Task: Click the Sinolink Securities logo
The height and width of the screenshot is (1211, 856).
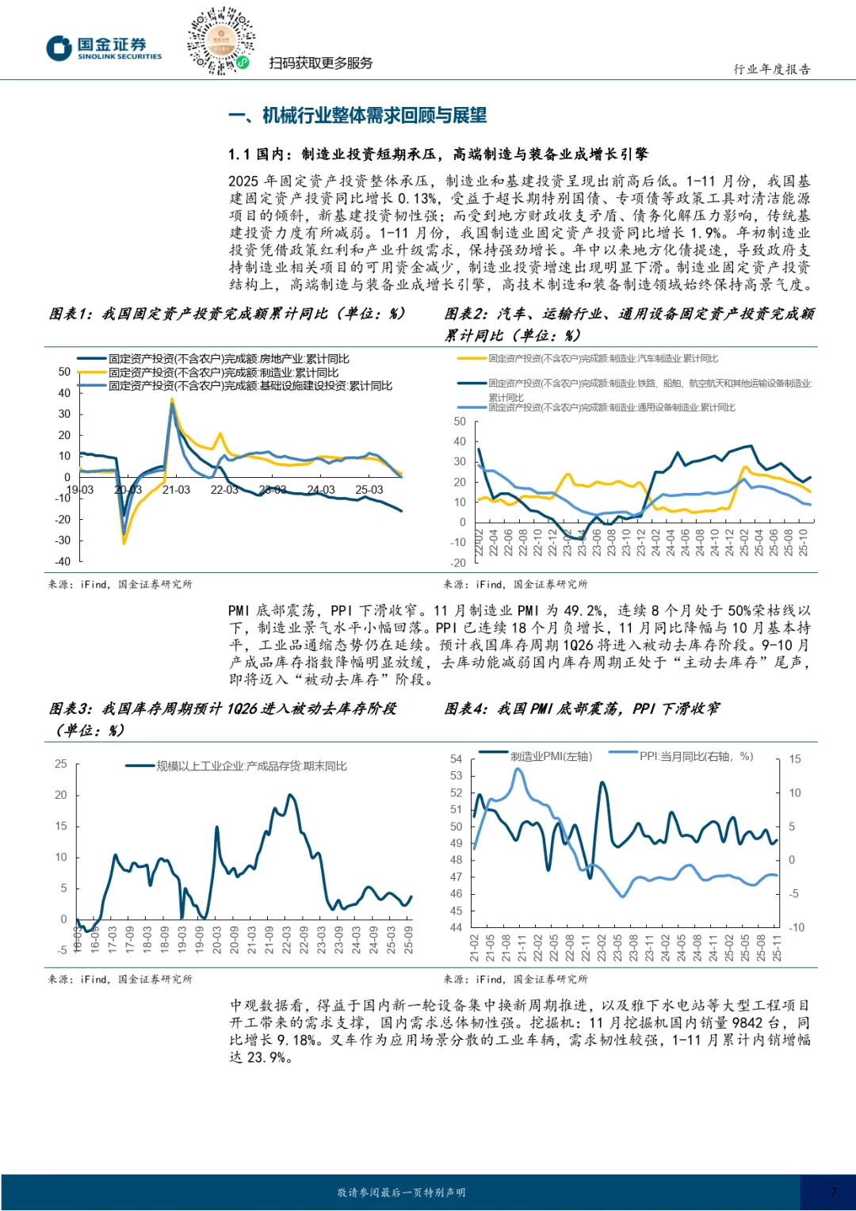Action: (x=103, y=48)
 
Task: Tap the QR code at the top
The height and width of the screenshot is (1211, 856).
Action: (x=220, y=40)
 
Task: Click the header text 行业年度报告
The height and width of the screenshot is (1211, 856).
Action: (x=771, y=69)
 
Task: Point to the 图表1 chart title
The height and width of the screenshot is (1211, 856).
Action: (x=227, y=314)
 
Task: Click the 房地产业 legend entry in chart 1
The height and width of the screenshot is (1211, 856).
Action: (x=228, y=359)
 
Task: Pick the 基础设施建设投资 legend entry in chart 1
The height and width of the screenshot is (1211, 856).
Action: (x=250, y=386)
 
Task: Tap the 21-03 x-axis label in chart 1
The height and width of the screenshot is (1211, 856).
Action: (x=176, y=490)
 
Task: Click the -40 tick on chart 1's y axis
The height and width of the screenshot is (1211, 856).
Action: (x=63, y=561)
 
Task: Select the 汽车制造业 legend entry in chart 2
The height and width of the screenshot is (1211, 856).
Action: (x=602, y=359)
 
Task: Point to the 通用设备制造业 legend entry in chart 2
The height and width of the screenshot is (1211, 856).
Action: (x=611, y=407)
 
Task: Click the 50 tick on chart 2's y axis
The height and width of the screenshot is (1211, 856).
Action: (x=460, y=422)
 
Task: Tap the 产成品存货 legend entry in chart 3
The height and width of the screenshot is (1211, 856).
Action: (x=251, y=766)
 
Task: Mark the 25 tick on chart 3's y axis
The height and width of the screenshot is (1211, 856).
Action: (x=61, y=764)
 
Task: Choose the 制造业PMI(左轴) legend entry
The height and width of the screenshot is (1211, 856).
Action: (x=551, y=756)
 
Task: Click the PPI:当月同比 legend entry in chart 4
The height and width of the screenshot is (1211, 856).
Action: (x=696, y=756)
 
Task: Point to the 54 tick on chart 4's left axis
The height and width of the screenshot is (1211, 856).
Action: (x=456, y=758)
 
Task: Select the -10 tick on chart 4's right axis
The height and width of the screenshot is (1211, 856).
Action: (x=796, y=927)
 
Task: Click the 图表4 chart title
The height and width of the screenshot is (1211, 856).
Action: (x=582, y=709)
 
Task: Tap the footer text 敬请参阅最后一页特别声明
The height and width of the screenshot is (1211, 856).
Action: (x=401, y=1192)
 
